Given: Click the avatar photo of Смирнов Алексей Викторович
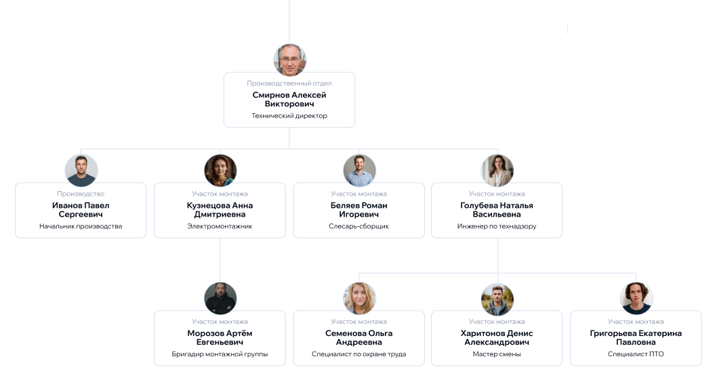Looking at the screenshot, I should (x=289, y=60).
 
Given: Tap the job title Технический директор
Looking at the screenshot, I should (x=289, y=116).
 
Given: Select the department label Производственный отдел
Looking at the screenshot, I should (x=289, y=83).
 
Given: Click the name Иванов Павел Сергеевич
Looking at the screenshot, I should (x=81, y=210).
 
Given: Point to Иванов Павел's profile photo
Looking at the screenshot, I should (x=81, y=170).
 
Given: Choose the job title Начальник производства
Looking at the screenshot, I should (x=81, y=226).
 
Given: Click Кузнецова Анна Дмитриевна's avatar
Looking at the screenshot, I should (x=220, y=170).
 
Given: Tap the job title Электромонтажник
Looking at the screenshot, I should (x=220, y=226).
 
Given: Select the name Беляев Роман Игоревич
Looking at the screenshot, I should (x=358, y=210).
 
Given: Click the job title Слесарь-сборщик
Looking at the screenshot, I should (x=358, y=226).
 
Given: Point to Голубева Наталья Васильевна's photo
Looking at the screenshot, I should (x=497, y=170).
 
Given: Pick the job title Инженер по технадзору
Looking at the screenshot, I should (x=497, y=226).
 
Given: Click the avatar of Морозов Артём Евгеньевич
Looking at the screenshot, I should (x=220, y=298).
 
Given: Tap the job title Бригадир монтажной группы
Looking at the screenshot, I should (x=220, y=354).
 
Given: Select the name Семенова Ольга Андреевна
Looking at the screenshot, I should (x=358, y=338).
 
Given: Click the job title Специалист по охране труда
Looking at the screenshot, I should (x=358, y=354).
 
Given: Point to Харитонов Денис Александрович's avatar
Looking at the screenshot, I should (x=497, y=298).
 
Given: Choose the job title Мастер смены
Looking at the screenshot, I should (x=497, y=354).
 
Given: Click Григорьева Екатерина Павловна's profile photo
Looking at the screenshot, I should (x=636, y=298).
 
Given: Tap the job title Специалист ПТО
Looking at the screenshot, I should (x=636, y=354).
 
